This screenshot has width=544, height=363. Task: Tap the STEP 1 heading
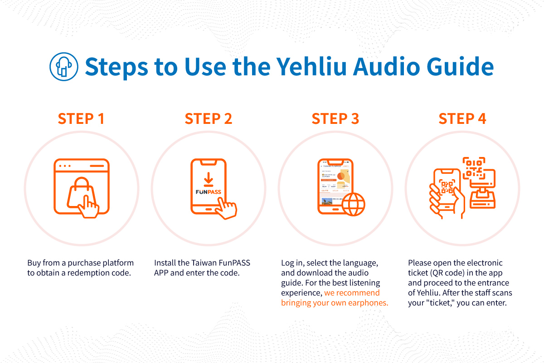(x=81, y=118)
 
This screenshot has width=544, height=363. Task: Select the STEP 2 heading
(x=208, y=118)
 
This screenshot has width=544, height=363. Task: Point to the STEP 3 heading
(x=335, y=118)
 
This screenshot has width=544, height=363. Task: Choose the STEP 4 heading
(x=462, y=118)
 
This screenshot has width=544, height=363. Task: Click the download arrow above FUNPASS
(x=208, y=178)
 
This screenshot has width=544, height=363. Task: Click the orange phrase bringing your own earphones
(x=335, y=303)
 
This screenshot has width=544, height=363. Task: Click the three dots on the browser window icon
(x=65, y=166)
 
